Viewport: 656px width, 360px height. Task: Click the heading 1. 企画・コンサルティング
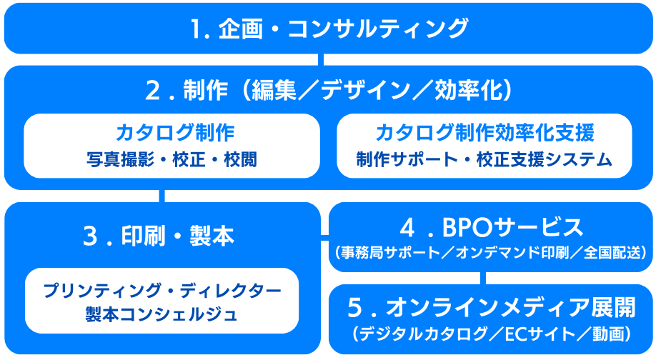(329, 29)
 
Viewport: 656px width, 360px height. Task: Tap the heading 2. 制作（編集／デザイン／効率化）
(329, 90)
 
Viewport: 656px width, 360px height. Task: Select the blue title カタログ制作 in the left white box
(175, 133)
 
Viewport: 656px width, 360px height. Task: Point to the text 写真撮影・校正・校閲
(172, 160)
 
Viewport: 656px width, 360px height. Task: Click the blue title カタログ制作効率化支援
(485, 133)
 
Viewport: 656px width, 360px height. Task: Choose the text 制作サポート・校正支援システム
(484, 160)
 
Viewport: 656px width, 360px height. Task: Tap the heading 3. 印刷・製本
(159, 236)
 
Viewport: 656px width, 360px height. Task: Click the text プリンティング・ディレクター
(162, 291)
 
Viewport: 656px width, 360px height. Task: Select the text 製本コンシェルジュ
(161, 314)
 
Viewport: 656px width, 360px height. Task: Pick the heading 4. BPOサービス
(492, 227)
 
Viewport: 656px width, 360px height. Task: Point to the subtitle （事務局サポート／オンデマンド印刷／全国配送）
(491, 253)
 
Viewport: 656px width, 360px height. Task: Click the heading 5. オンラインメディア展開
(492, 307)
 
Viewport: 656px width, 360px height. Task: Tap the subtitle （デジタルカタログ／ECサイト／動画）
(492, 334)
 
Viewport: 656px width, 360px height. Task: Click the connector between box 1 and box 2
(321, 60)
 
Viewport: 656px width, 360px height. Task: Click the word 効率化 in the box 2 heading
(467, 90)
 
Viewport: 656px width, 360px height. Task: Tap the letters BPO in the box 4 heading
(469, 227)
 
